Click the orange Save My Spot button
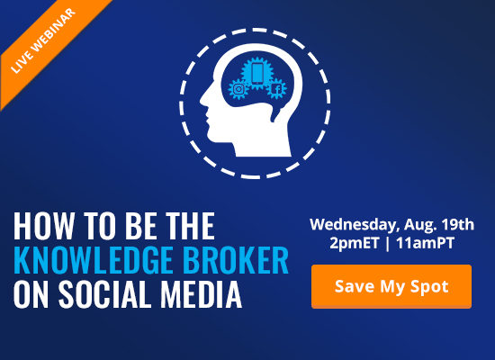pyautogui.click(x=391, y=286)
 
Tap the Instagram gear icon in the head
pyautogui.click(x=238, y=89)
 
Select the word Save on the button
pyautogui.click(x=353, y=286)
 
